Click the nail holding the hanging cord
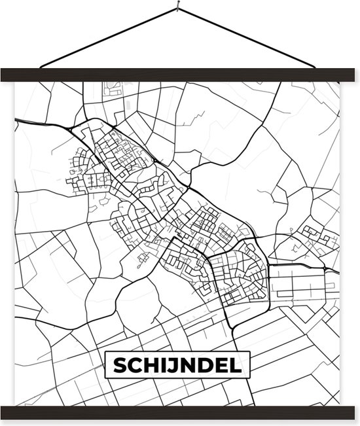177,9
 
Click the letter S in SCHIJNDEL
120,366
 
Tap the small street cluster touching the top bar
113,88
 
